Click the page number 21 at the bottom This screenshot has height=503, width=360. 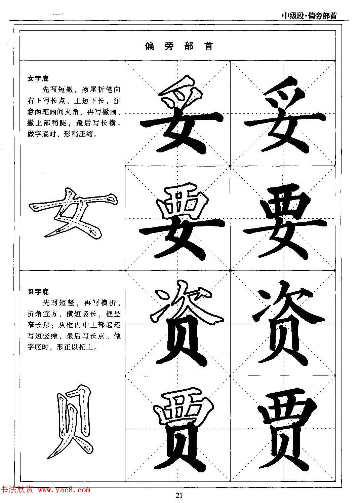tap(179, 495)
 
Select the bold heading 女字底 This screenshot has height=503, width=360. tap(38, 79)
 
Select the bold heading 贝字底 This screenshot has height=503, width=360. tap(38, 292)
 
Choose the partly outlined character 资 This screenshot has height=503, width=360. tap(183, 325)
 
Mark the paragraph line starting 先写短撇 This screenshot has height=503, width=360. tap(81, 90)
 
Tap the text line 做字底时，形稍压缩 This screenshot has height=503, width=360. tap(63, 134)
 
